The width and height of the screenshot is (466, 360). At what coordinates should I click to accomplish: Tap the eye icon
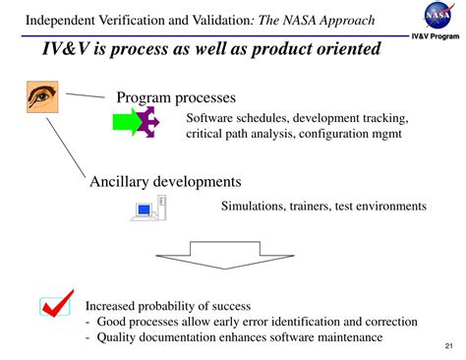(x=43, y=96)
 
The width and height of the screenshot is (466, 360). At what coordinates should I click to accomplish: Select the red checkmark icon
(x=56, y=307)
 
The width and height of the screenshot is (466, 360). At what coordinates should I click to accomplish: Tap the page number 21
(x=448, y=346)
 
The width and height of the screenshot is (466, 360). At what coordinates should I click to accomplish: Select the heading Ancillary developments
(x=165, y=181)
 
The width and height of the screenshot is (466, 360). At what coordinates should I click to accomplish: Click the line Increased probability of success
(x=168, y=306)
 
